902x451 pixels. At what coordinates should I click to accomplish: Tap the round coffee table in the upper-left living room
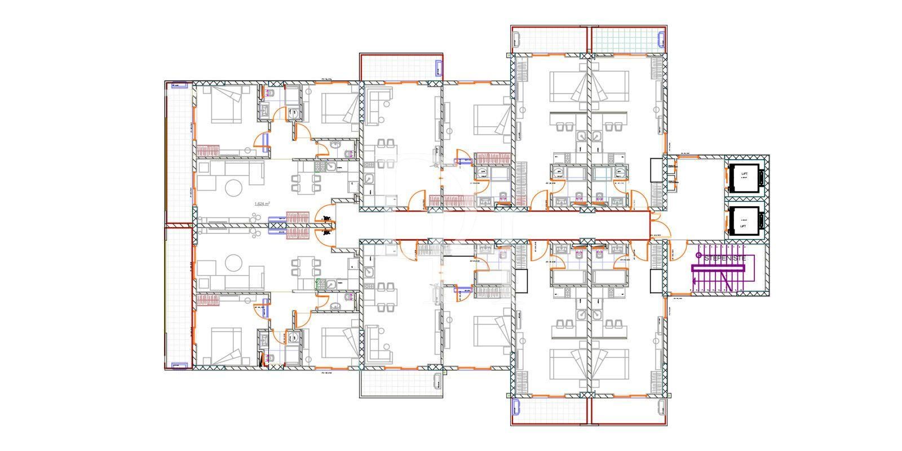[233, 188]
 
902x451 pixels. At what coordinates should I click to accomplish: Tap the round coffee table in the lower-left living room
[233, 263]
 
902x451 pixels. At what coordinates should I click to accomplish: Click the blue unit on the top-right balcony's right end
[661, 39]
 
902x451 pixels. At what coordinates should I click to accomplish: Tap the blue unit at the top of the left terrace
[179, 86]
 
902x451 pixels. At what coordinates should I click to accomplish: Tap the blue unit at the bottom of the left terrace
[179, 365]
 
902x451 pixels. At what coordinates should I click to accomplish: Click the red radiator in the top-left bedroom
[207, 151]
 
